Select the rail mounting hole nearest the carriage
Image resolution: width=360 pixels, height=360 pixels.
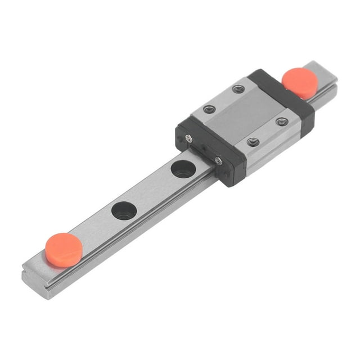183,169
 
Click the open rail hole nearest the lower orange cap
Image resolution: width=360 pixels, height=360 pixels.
124,210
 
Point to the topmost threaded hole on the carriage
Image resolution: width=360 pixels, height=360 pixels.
238,89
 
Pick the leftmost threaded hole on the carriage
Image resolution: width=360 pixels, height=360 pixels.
209,109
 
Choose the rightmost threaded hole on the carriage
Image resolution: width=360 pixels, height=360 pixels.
282,121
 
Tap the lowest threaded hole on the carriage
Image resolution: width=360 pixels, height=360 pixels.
254,142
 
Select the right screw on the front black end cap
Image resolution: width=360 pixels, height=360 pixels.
218,161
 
